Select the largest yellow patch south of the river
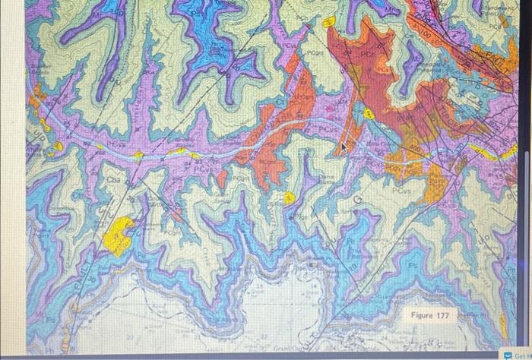click(x=121, y=235)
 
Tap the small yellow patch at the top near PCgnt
click(x=329, y=22)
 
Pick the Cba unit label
click(x=113, y=180)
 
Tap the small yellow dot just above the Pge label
click(x=289, y=198)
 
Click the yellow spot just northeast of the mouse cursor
click(x=369, y=114)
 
